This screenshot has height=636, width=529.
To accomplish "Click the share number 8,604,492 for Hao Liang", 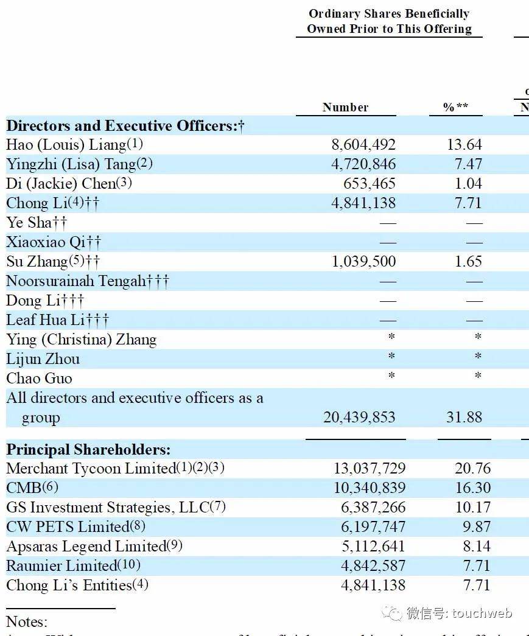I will [x=363, y=145].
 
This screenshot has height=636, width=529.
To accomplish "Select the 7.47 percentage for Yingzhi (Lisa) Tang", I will [x=468, y=164].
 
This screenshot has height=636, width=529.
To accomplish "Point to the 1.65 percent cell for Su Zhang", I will [x=468, y=262].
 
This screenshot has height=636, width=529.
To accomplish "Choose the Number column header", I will [x=345, y=107].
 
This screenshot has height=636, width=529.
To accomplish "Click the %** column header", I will [x=455, y=107].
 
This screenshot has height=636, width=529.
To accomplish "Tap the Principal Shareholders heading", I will [x=88, y=450].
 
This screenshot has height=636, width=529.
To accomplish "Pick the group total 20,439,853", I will [x=359, y=418].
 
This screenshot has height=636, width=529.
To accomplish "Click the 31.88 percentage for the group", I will [x=464, y=418].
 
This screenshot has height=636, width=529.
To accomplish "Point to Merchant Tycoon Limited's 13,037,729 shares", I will [x=370, y=469].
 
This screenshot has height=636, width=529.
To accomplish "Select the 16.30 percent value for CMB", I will [x=472, y=488].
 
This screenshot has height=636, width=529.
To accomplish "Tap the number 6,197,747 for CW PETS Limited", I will [x=370, y=527].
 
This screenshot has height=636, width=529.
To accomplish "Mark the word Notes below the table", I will [x=26, y=621].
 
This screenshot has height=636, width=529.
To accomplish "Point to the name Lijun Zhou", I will [x=43, y=359].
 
